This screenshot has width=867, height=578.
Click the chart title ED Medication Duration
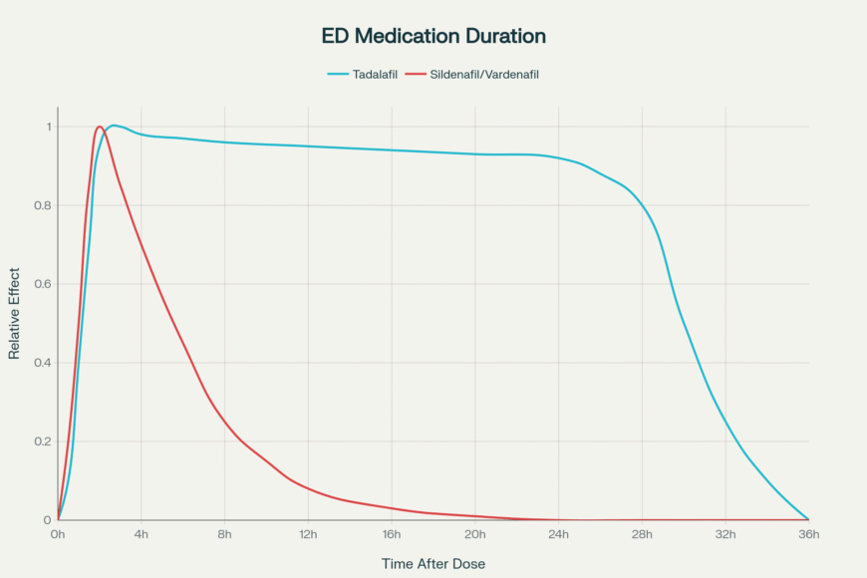click(x=433, y=36)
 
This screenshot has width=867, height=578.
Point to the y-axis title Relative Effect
click(x=15, y=313)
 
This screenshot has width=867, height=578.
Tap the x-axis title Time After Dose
click(x=433, y=563)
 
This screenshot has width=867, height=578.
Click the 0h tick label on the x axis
click(x=58, y=535)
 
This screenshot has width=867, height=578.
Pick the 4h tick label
click(x=142, y=535)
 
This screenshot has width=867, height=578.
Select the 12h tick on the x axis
click(x=308, y=535)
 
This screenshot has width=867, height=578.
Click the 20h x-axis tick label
click(x=475, y=535)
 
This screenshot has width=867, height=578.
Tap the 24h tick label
click(x=558, y=535)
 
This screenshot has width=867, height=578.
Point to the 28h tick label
click(x=642, y=535)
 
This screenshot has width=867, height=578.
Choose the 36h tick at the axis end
click(x=808, y=535)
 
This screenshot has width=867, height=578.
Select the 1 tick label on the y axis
click(x=46, y=127)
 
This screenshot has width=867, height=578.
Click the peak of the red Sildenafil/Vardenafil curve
click(x=100, y=127)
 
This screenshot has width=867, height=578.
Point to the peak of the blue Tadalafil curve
click(x=115, y=126)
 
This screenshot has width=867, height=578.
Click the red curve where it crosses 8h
click(x=224, y=421)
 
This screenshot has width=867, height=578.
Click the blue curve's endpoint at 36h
click(x=808, y=519)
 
